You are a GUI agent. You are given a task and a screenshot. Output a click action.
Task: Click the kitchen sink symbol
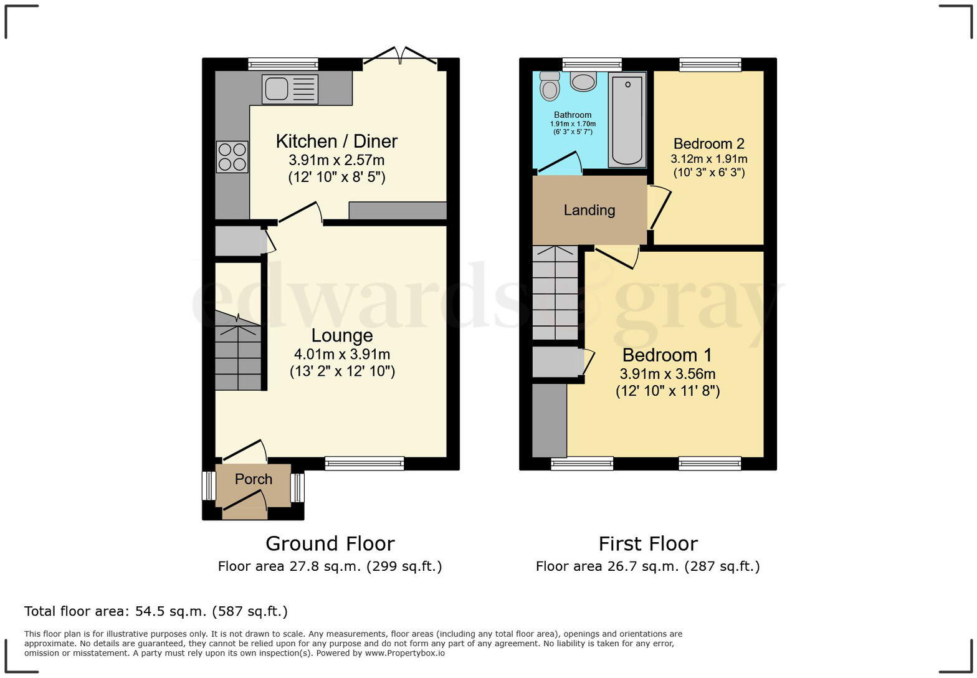coord(290,89)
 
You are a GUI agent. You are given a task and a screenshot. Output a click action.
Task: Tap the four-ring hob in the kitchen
coord(232,157)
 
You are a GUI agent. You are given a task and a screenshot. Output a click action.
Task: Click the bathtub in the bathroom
coord(627,120)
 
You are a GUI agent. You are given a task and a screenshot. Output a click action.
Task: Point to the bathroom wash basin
coord(583,82)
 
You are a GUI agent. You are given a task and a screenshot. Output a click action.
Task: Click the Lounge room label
coord(342,335)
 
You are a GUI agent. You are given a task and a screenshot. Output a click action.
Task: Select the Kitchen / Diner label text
coord(336,141)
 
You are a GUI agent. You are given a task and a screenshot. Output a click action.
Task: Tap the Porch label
coord(254,479)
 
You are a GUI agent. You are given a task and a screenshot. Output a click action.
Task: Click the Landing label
coord(589,210)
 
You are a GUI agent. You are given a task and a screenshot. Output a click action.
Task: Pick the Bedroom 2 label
coord(708,144)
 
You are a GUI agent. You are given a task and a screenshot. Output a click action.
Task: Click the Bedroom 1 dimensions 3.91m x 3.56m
coord(667,375)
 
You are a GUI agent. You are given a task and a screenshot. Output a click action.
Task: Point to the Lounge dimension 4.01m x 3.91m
coord(342,355)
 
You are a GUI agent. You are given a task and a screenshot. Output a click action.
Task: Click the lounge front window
coord(364,463)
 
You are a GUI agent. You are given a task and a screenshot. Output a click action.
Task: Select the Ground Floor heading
coord(330,543)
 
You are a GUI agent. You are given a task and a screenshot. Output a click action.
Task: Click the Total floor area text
coord(156,611)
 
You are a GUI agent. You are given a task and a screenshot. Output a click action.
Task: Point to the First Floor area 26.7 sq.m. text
coord(647,566)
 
